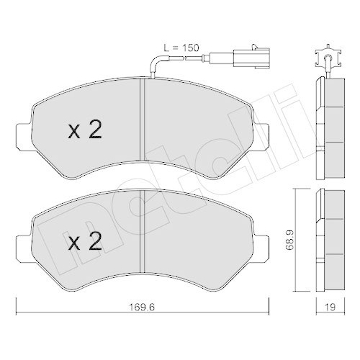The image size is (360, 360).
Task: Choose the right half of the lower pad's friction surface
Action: click(x=198, y=241)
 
